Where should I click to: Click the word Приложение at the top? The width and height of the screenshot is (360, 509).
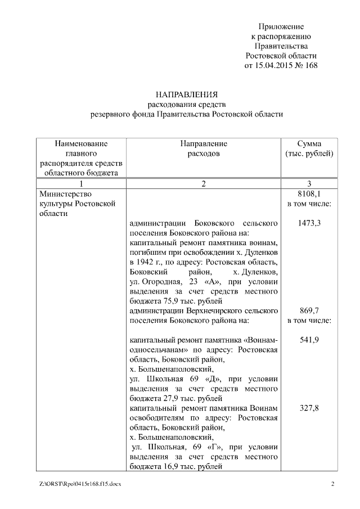281,26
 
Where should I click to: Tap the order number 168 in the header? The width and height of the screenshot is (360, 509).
310,65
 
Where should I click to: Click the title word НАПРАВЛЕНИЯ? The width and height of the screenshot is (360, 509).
187,94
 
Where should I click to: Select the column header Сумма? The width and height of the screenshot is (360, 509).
309,144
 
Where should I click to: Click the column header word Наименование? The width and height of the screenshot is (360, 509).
81,144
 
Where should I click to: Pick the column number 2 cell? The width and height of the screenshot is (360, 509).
204,183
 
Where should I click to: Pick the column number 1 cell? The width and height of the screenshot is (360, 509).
82,183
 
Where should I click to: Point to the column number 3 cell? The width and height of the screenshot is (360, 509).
309,183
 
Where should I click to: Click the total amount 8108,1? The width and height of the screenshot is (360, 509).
309,193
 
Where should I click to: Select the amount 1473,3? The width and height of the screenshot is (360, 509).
309,223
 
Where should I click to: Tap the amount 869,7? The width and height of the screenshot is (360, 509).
309,310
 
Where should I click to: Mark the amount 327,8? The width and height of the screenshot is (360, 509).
309,408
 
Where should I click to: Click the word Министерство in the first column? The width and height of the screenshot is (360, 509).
61,193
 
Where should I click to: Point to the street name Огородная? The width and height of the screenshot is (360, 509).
161,282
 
